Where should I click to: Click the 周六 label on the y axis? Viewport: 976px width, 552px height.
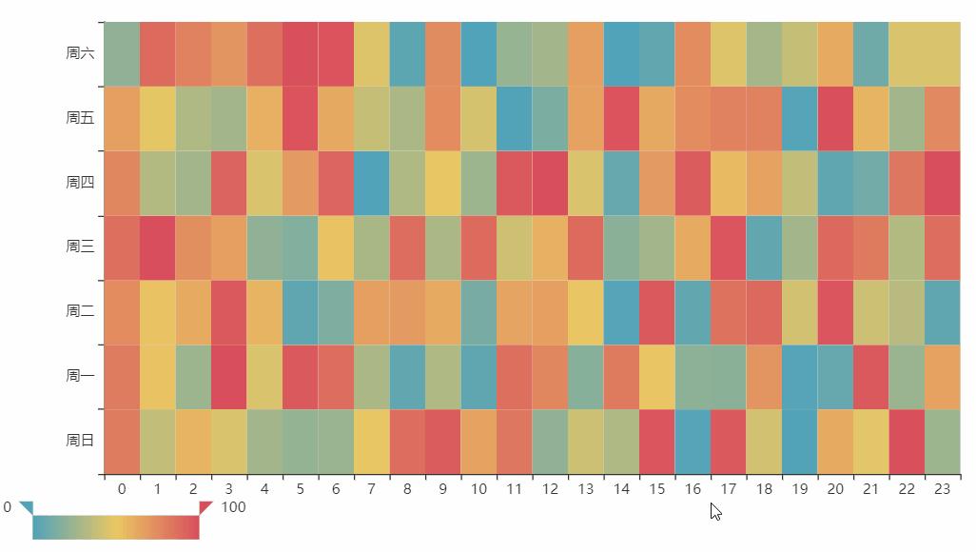tap(80, 53)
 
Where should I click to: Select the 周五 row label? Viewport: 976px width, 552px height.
tap(80, 118)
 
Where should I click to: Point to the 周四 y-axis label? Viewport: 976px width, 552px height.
tap(80, 183)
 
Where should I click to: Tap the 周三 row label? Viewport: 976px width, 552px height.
tap(80, 247)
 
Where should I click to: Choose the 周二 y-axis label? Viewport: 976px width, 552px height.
tap(80, 311)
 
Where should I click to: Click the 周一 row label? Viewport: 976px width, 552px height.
tap(80, 376)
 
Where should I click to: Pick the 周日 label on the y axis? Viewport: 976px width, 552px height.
tap(80, 441)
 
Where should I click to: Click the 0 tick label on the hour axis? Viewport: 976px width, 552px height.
tap(122, 489)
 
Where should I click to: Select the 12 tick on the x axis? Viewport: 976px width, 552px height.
tap(550, 489)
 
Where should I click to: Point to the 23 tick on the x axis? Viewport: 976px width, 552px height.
tap(943, 489)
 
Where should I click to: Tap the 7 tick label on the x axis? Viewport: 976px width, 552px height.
tap(371, 489)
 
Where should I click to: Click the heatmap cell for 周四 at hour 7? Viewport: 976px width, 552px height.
tap(371, 183)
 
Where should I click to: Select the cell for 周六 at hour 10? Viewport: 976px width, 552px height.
tap(478, 53)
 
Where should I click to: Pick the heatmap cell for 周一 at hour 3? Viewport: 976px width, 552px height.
tap(228, 376)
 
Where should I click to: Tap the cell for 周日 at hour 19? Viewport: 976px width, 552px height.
tap(800, 441)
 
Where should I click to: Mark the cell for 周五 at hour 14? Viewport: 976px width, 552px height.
tap(621, 118)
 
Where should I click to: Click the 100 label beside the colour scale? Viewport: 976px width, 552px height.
tap(233, 507)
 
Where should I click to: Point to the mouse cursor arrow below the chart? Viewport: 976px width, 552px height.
tap(715, 511)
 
